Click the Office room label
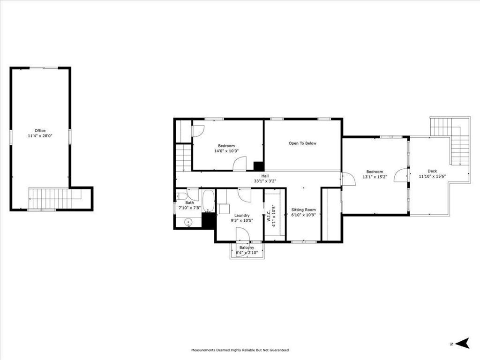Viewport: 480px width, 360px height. (x=40, y=131)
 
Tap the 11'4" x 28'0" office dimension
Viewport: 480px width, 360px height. (x=40, y=136)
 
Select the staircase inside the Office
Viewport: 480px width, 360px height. (x=49, y=198)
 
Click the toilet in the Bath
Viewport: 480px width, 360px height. (x=181, y=197)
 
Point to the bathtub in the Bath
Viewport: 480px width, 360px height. (x=209, y=201)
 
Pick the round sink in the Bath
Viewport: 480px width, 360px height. (x=189, y=222)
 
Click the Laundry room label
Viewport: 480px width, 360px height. (x=242, y=215)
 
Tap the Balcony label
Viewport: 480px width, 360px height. (x=247, y=247)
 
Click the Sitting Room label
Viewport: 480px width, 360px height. (x=303, y=210)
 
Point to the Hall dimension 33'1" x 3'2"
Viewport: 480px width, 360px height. (x=265, y=181)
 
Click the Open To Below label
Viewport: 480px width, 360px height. (x=302, y=143)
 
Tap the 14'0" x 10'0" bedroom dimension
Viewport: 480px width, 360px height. (x=226, y=151)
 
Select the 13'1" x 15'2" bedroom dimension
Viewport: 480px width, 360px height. (x=375, y=177)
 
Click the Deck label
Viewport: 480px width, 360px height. (x=432, y=171)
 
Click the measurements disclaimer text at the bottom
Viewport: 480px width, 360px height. (x=240, y=350)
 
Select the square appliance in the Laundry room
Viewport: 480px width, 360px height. (x=224, y=209)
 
